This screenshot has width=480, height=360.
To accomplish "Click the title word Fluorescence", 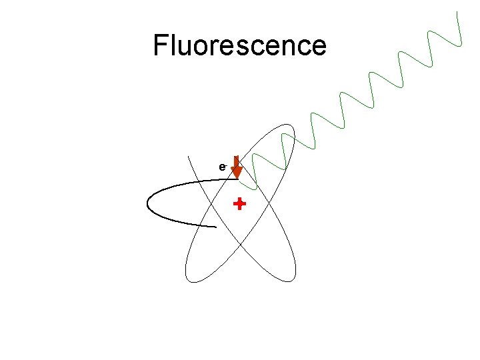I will tap(239, 45).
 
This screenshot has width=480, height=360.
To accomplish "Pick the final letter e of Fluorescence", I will tap(319, 47).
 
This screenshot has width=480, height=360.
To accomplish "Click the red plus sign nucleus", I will tap(239, 204).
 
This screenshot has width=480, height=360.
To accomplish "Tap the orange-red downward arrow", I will tap(236, 168).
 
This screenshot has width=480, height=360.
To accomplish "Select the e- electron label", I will tap(223, 167).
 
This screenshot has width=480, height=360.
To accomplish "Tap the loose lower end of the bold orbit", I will tap(216, 227).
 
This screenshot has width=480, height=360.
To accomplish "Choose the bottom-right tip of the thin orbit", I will tap(291, 279).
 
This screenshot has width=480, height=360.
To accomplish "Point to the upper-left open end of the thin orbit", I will tap(189, 157).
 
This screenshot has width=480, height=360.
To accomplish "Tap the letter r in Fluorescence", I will tap(218, 47).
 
